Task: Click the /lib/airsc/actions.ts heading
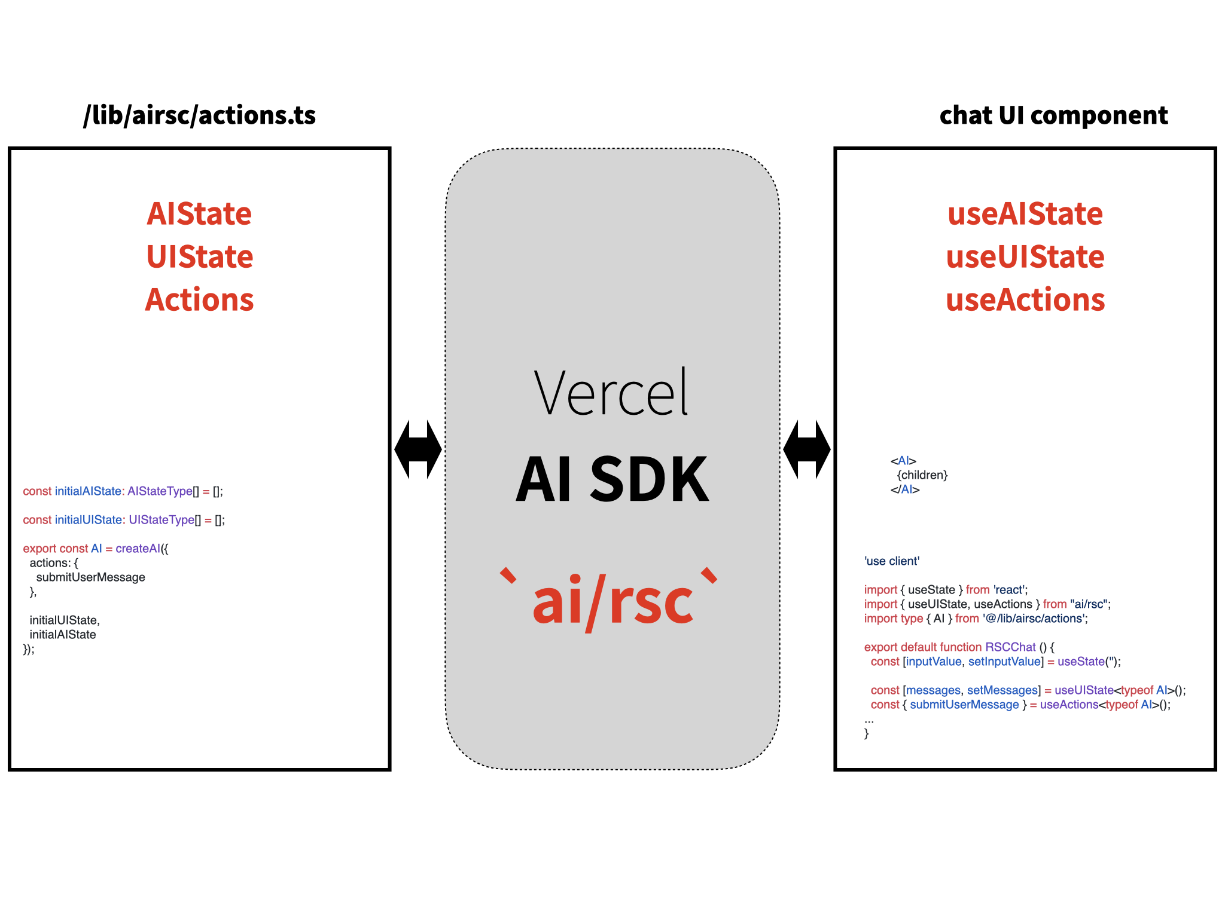point(199,115)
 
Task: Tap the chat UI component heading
point(1053,115)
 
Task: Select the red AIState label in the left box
point(199,213)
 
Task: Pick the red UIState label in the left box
point(200,256)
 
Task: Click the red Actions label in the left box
point(200,299)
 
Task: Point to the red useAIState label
point(1025,213)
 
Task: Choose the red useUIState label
point(1025,256)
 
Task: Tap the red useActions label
point(1025,299)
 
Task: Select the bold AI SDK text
point(612,479)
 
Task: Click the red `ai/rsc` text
point(609,599)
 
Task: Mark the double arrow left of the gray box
point(418,449)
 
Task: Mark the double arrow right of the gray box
point(807,449)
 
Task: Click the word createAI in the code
point(138,549)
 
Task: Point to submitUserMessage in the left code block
point(91,577)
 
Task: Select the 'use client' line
point(892,561)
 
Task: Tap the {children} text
point(922,475)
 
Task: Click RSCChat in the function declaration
point(1010,647)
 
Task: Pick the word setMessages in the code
point(1002,690)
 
